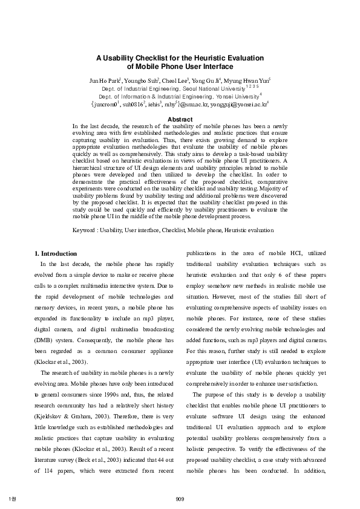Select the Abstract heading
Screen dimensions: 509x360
[180, 120]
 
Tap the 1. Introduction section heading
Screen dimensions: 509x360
[55, 253]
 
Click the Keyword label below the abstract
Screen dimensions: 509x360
[85, 230]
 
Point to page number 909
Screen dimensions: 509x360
[180, 498]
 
